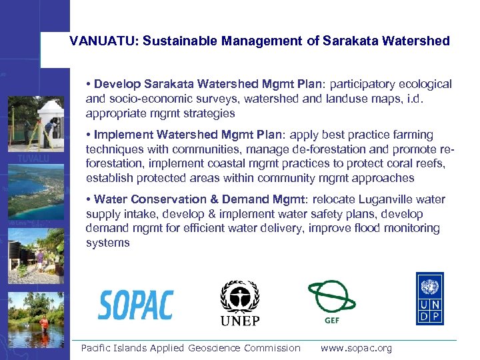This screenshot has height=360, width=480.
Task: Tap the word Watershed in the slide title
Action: coord(419,41)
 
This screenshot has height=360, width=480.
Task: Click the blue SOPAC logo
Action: coord(136,305)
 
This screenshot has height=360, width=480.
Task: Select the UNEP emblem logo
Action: coord(239,303)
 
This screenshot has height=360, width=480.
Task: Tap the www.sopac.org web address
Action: coord(357,348)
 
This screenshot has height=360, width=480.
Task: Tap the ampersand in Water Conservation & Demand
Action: coord(219,199)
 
